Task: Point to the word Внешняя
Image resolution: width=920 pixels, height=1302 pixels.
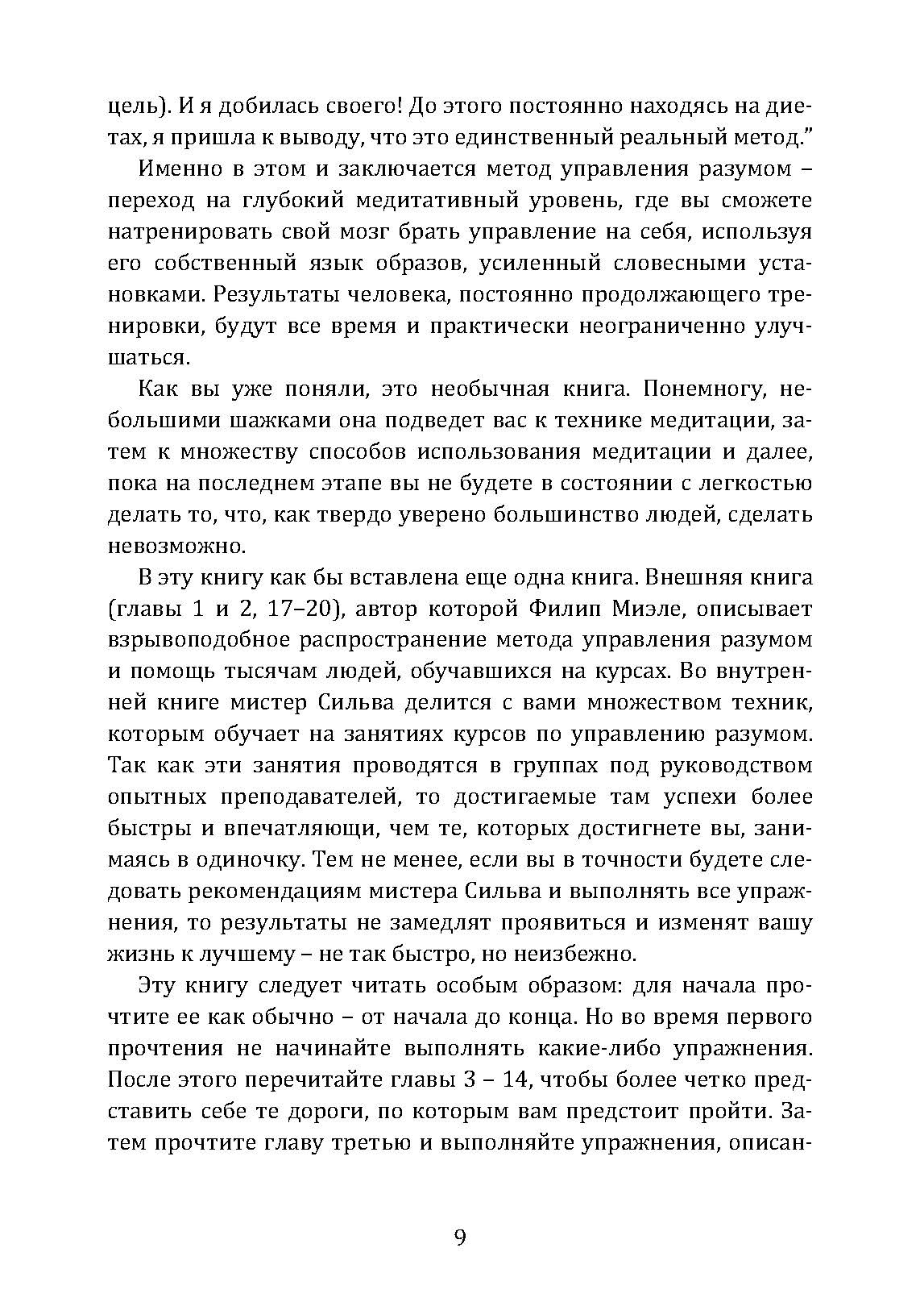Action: pos(703,578)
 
